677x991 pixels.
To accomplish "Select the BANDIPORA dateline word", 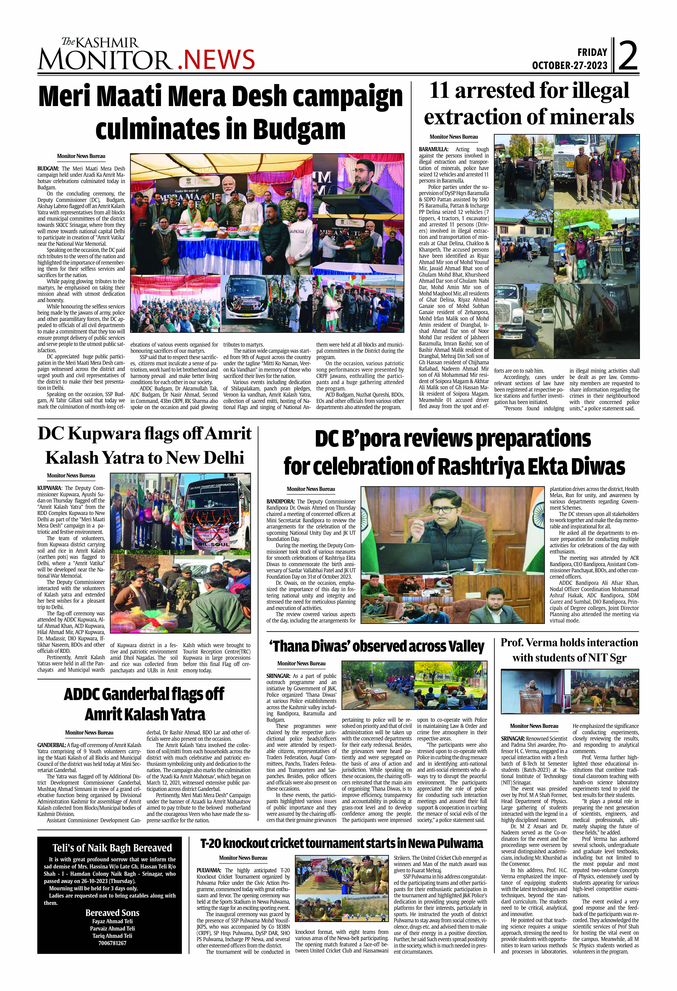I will click(280, 502).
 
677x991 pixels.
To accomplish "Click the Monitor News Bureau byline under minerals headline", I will click(453, 137).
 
